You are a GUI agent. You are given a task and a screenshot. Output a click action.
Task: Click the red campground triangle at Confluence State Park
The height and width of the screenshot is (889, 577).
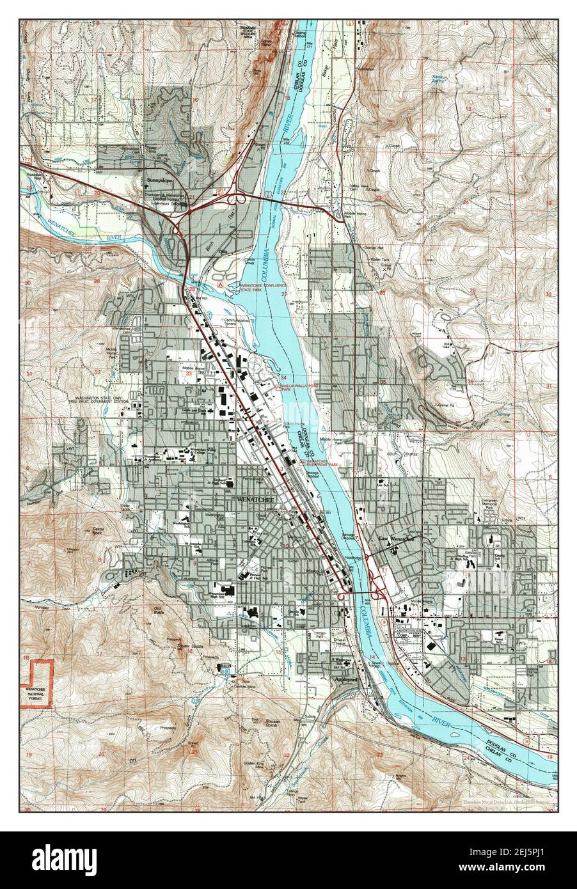pyautogui.click(x=221, y=282)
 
